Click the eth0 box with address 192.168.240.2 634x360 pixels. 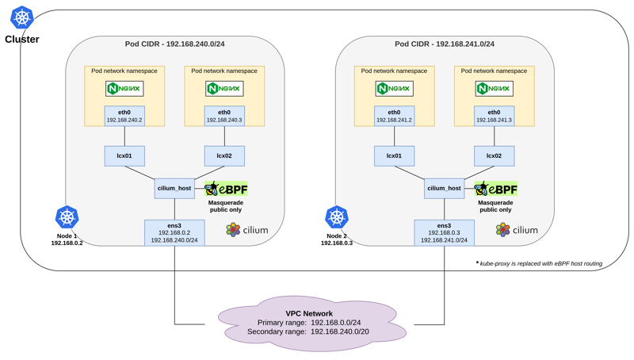pyautogui.click(x=124, y=117)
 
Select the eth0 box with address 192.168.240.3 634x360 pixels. pyautogui.click(x=224, y=117)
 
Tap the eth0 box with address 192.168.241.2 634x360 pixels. pyautogui.click(x=394, y=117)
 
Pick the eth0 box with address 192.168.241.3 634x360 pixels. pyautogui.click(x=494, y=117)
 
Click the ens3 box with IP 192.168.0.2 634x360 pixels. pyautogui.click(x=174, y=231)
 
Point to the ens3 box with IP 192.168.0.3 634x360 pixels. pyautogui.click(x=444, y=231)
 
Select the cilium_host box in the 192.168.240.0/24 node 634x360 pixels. pyautogui.click(x=175, y=189)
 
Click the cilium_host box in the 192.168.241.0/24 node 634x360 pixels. pyautogui.click(x=445, y=189)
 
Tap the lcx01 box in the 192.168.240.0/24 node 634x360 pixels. pyautogui.click(x=124, y=155)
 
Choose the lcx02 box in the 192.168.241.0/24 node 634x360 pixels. pyautogui.click(x=494, y=155)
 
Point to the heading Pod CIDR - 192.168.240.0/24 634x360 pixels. pyautogui.click(x=175, y=44)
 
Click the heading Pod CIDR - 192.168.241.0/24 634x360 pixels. pyautogui.click(x=445, y=44)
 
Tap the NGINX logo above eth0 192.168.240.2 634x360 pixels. pyautogui.click(x=124, y=88)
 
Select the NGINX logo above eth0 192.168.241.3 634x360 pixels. pyautogui.click(x=494, y=88)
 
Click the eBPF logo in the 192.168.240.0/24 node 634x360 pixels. pyautogui.click(x=223, y=189)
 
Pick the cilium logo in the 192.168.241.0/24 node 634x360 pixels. pyautogui.click(x=517, y=230)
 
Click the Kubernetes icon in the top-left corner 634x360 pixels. pyautogui.click(x=21, y=18)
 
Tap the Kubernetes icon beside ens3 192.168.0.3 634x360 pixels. pyautogui.click(x=337, y=217)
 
